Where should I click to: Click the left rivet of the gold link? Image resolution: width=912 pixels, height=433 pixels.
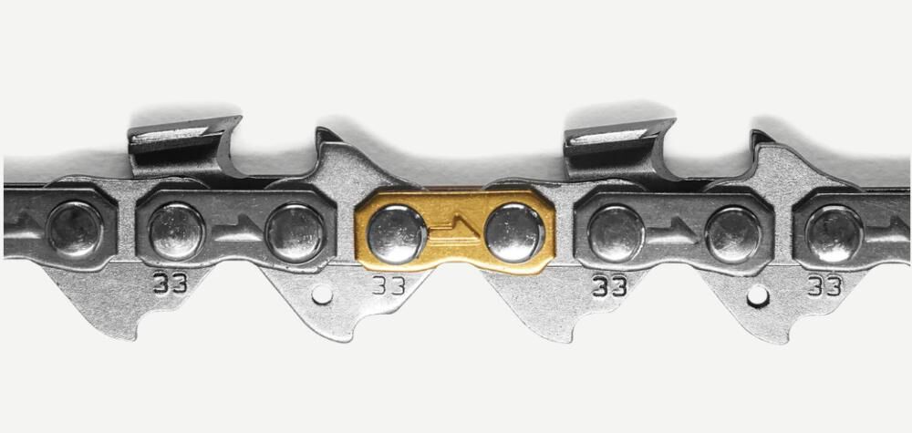click(398, 234)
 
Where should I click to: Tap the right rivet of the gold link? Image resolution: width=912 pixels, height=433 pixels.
click(514, 233)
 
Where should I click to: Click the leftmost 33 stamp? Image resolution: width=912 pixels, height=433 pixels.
click(171, 284)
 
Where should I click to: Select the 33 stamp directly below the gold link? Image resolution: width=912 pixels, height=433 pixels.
click(389, 284)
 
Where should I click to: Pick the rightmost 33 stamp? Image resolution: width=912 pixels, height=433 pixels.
click(824, 286)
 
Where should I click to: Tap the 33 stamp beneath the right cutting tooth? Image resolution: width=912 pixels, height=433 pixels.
click(609, 286)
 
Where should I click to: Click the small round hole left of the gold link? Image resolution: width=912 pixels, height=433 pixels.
click(322, 294)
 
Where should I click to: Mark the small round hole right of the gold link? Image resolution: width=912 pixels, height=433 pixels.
click(757, 296)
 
